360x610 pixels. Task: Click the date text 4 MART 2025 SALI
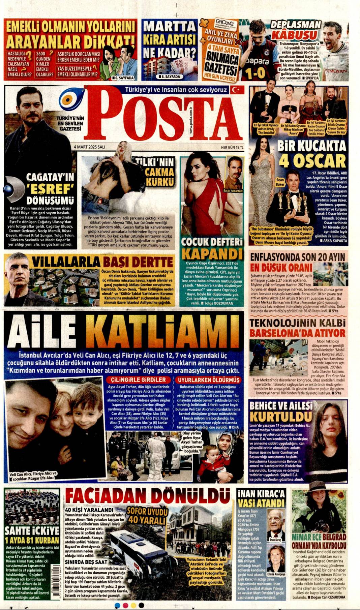(90, 147)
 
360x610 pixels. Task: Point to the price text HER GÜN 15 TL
(232, 147)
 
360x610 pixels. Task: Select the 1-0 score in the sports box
(255, 73)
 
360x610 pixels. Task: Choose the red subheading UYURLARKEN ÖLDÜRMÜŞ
(209, 380)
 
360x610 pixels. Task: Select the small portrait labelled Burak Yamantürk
(233, 173)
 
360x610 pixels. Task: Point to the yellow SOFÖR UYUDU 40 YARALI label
(147, 516)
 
